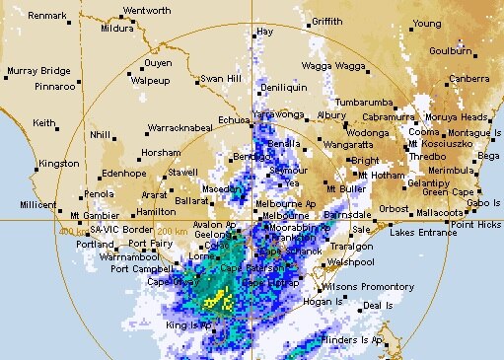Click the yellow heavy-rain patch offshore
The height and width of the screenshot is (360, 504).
pyautogui.click(x=222, y=298)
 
